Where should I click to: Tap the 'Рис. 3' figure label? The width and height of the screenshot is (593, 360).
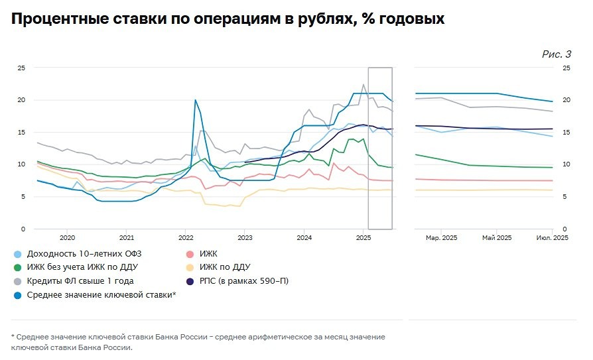pos(557,54)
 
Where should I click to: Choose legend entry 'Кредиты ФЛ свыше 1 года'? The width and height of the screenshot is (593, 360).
pos(80,281)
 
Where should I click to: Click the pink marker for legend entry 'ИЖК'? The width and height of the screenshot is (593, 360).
pos(190,254)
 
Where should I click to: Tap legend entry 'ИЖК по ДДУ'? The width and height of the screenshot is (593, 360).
pos(224,267)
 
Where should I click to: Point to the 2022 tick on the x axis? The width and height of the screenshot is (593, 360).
pos(186,237)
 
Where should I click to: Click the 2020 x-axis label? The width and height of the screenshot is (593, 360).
pos(67,237)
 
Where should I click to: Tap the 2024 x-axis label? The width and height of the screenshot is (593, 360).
pos(304,237)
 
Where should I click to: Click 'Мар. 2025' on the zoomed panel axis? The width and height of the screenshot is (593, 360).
pos(441,237)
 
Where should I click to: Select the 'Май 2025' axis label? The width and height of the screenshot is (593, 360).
pos(497,237)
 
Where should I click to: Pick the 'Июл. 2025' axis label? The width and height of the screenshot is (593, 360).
pos(552,237)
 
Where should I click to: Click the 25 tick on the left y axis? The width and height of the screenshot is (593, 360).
pos(21,68)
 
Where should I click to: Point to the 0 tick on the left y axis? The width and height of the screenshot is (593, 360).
pos(23,229)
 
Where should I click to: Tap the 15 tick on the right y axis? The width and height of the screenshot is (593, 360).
pos(566,133)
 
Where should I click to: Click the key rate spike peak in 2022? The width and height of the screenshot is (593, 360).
pos(195,100)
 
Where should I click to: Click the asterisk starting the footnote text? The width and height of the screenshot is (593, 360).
pos(13,337)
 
